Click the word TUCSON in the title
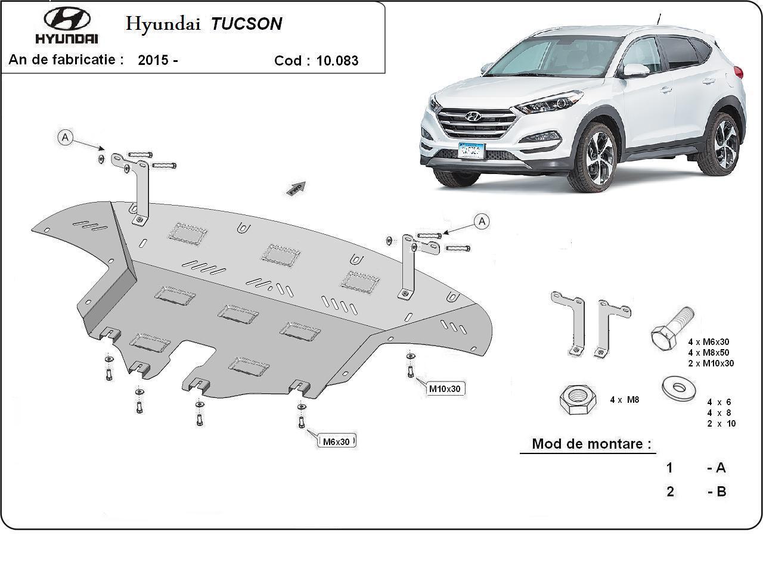[246, 24]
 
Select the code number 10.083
[337, 61]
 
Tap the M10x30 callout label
[445, 389]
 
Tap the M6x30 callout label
[337, 442]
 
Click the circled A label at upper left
[66, 138]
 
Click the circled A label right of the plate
[482, 222]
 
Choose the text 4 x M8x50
[708, 353]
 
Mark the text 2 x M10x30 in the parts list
[711, 363]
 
